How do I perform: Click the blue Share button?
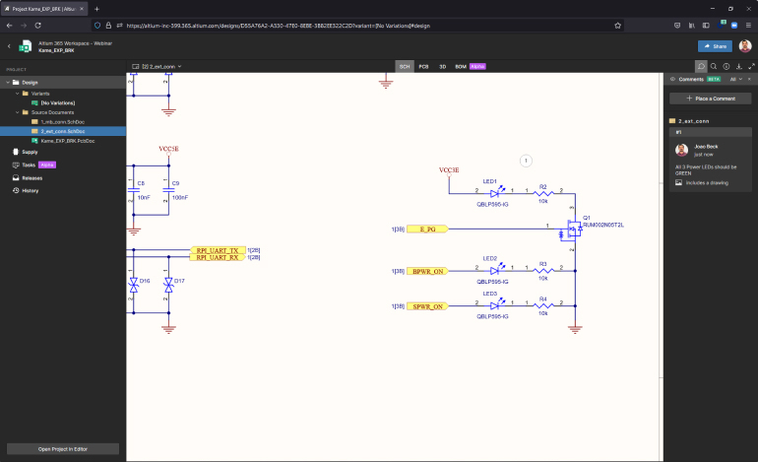click(715, 46)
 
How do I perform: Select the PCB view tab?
click(423, 66)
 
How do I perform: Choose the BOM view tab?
click(460, 66)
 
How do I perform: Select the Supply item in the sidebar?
click(30, 152)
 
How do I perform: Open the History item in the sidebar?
click(31, 190)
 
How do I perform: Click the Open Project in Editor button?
click(64, 448)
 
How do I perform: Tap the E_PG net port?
click(426, 230)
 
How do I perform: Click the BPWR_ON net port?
click(427, 270)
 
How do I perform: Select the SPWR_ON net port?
click(427, 306)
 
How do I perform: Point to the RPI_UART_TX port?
click(217, 250)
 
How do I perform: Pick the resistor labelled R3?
click(542, 270)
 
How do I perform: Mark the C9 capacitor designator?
click(176, 183)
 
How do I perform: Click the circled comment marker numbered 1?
click(526, 160)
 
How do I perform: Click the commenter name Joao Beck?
click(707, 146)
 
